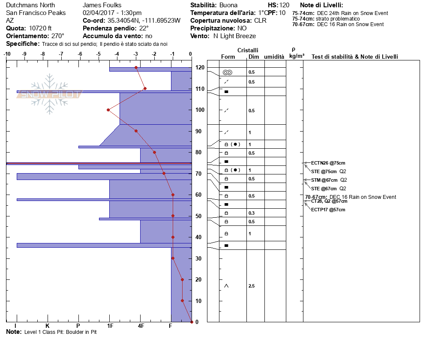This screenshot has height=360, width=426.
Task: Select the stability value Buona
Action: pos(228,5)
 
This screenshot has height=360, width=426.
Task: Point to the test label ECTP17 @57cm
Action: pos(328,210)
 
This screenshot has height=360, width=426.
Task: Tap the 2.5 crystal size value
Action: pos(252,286)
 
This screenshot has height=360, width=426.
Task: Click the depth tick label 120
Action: pos(199,68)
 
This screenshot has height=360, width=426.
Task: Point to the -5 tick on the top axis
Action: pos(98,54)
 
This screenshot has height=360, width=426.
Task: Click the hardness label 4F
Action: pos(141,327)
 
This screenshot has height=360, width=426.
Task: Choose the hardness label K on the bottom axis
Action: pos(47,327)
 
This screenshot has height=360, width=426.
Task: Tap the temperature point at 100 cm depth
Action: pos(108,110)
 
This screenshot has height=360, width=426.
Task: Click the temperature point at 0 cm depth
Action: pos(192,322)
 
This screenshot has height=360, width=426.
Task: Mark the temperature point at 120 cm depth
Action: pos(136,68)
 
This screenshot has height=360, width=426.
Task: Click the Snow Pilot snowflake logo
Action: pos(50,94)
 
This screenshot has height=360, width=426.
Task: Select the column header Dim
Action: pos(254,57)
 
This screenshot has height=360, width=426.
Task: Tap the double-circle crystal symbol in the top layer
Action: pos(227,72)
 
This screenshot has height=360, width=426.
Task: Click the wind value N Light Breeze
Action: pos(234,36)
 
